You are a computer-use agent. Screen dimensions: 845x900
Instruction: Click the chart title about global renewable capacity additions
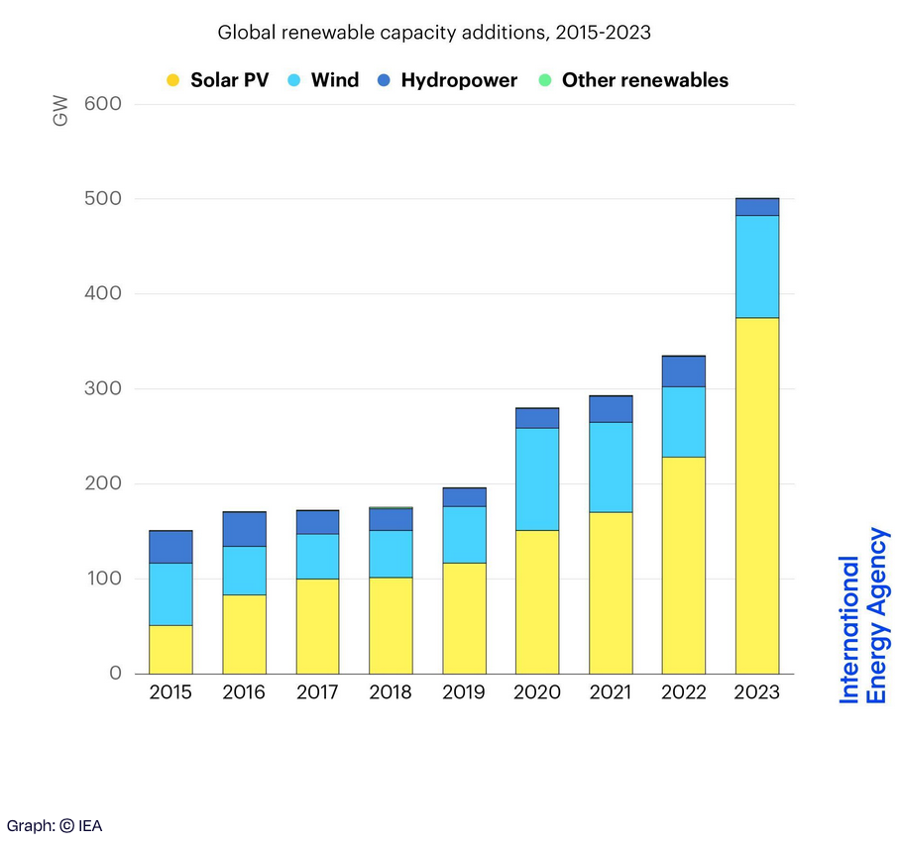(x=433, y=32)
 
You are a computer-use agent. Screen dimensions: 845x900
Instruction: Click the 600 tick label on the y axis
(x=101, y=104)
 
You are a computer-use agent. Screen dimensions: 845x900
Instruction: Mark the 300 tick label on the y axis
(x=101, y=389)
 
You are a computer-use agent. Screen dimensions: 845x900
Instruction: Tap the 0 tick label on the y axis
(x=115, y=674)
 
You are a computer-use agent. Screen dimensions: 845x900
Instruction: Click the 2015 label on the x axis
(x=170, y=692)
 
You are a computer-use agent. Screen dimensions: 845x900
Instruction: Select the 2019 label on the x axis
(x=464, y=692)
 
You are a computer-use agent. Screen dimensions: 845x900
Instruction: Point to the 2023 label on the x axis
(x=757, y=692)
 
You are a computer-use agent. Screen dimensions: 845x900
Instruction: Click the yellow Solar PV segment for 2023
(x=757, y=495)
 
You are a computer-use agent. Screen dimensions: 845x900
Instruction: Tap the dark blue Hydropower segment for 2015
(x=170, y=547)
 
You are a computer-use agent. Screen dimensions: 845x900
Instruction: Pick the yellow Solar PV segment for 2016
(x=244, y=634)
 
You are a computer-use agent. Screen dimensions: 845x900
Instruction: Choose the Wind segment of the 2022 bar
(x=684, y=421)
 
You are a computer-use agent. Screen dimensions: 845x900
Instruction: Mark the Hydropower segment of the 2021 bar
(x=611, y=409)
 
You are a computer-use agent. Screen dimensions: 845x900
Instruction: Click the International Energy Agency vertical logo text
(x=864, y=616)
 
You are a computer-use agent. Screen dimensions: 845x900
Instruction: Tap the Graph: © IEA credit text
(x=55, y=825)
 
